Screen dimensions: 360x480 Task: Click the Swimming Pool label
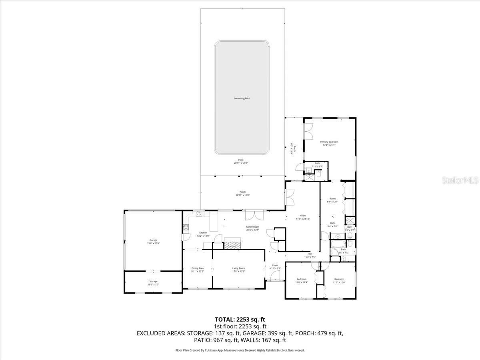(x=242, y=98)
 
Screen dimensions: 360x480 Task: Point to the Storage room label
(x=153, y=281)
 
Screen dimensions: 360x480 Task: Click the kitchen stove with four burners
(x=186, y=228)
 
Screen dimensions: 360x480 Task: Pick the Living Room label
(x=238, y=270)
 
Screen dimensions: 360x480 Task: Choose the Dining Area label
(x=198, y=270)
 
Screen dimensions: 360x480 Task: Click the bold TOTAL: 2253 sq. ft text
(x=240, y=319)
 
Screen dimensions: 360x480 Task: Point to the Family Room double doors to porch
(x=254, y=215)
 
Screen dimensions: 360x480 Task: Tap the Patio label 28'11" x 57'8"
(x=238, y=162)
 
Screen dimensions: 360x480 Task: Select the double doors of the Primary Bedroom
(x=308, y=131)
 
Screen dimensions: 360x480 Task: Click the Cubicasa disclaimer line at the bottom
(x=240, y=350)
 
